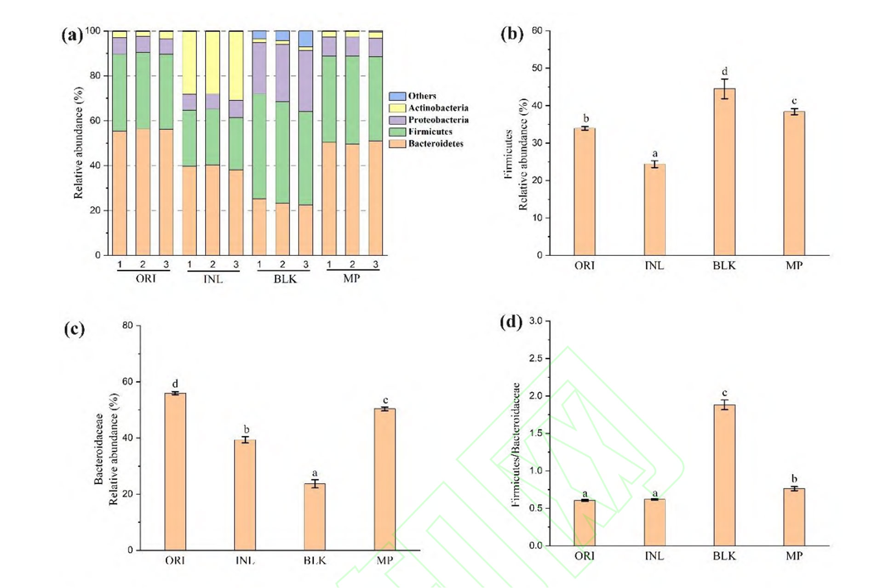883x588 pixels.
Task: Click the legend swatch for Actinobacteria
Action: (x=397, y=108)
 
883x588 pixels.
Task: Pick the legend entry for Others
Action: (x=422, y=96)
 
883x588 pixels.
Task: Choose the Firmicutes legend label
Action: (x=430, y=132)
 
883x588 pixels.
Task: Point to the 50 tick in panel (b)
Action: (x=537, y=68)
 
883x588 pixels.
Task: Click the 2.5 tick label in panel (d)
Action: (x=536, y=358)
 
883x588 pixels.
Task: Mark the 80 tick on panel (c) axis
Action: (x=127, y=325)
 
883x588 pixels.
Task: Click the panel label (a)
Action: (x=72, y=35)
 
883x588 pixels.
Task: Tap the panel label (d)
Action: (x=511, y=322)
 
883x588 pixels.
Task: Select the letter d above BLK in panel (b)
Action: (x=724, y=71)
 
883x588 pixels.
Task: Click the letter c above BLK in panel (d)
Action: (x=724, y=393)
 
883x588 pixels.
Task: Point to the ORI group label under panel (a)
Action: (x=145, y=278)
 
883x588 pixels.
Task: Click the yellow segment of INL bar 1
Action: (x=189, y=62)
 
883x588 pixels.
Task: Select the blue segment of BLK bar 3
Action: (x=306, y=39)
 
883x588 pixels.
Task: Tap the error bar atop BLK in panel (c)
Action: (x=315, y=483)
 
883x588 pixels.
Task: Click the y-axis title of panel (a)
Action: (x=79, y=142)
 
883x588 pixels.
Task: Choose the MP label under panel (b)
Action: (x=794, y=266)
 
